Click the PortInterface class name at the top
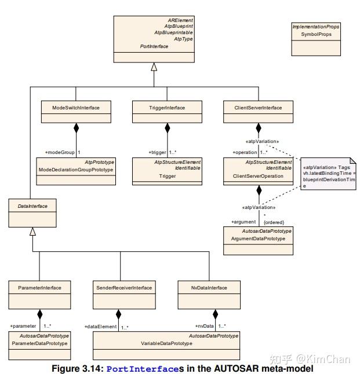[x=154, y=46]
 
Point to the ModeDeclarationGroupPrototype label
[x=75, y=170]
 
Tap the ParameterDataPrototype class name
[x=41, y=343]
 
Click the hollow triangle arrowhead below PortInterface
[x=154, y=67]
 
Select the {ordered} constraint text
[x=273, y=222]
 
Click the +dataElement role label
[x=100, y=327]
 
